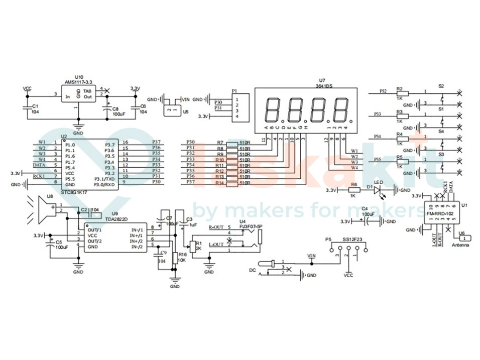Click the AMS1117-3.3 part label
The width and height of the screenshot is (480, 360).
coord(78,82)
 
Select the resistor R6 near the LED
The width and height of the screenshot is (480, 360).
coord(353,191)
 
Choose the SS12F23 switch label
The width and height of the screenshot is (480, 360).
coord(352,240)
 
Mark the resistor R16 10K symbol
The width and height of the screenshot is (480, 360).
coord(175,258)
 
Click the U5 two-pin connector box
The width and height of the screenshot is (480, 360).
coord(172,108)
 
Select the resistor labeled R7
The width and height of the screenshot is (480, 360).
coord(231,143)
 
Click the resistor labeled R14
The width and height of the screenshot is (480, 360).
coord(231,183)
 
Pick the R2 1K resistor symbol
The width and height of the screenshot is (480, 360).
coord(402,93)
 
